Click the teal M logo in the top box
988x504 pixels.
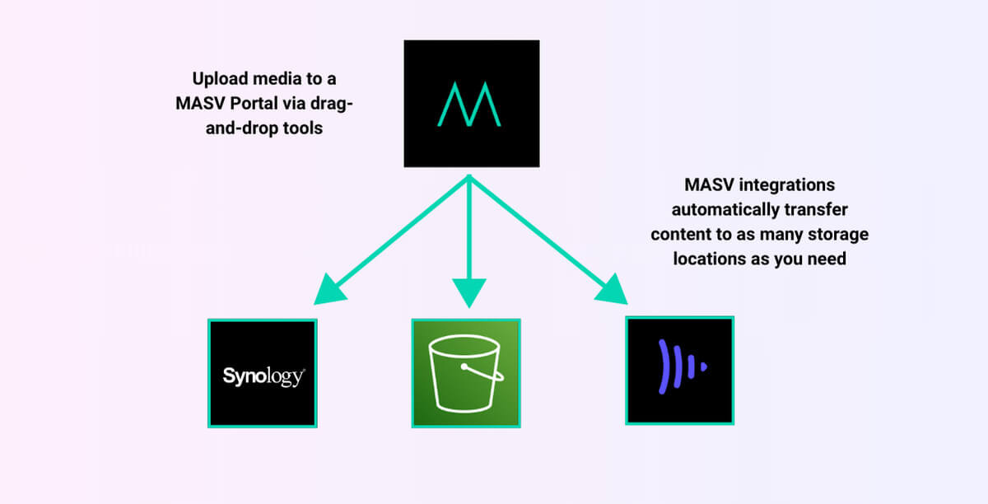tap(470, 105)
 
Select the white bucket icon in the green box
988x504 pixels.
tap(465, 374)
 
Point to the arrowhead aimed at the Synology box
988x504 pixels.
tap(329, 289)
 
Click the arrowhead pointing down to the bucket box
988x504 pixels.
tap(468, 292)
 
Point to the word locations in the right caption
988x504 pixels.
tap(705, 258)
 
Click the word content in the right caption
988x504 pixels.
tap(678, 234)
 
